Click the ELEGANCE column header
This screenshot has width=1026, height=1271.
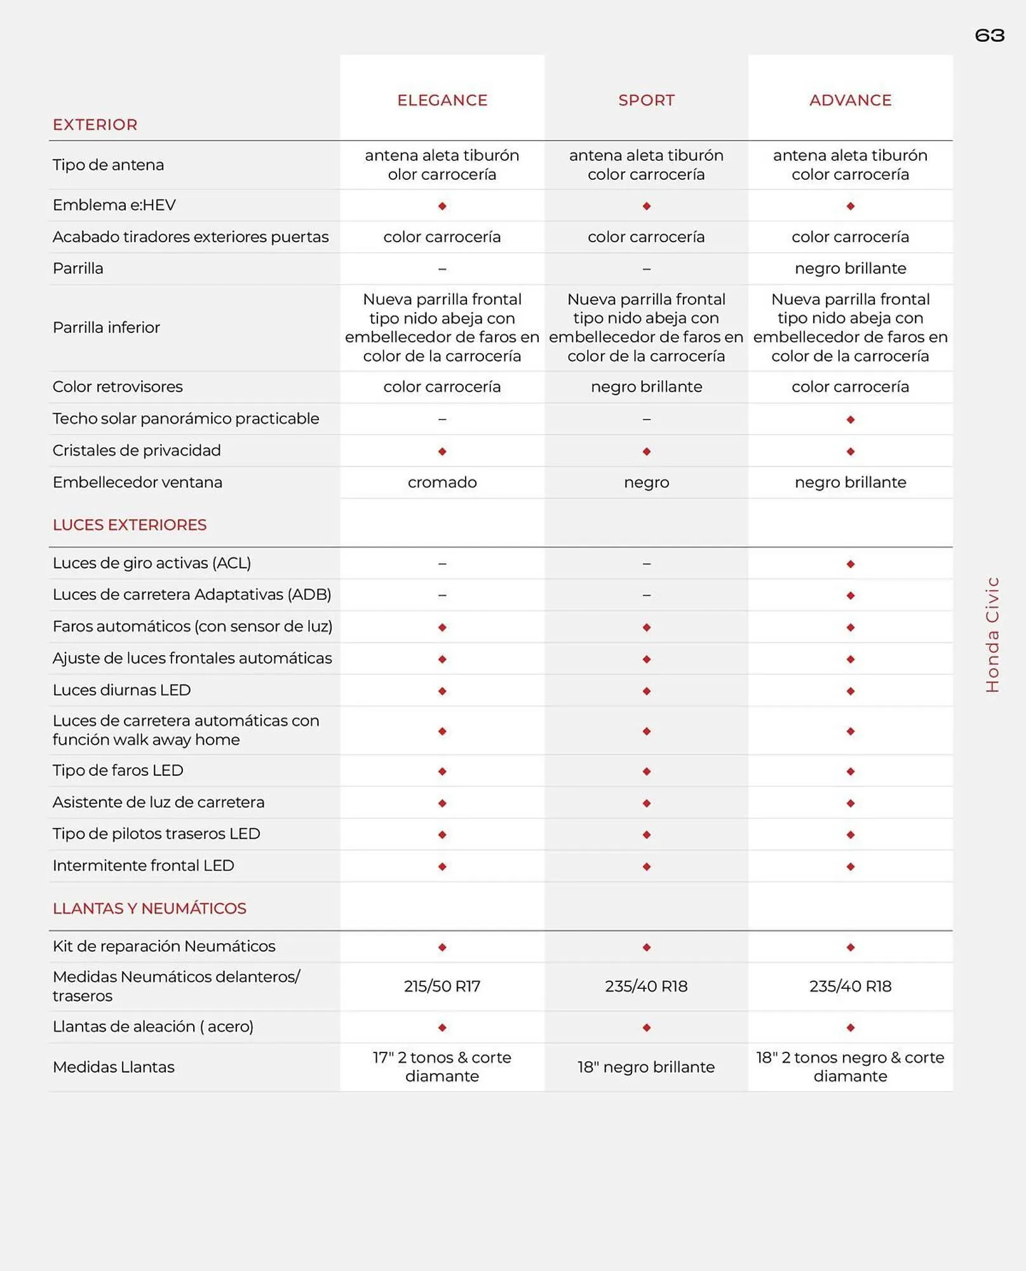coord(442,100)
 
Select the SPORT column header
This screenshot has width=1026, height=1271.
coord(646,100)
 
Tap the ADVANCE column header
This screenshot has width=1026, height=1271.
coord(850,100)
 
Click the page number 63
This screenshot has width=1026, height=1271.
coord(989,36)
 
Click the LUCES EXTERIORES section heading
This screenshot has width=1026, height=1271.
coord(130,525)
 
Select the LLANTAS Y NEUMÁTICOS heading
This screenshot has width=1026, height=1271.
coord(149,908)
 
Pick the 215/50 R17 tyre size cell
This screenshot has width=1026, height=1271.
coord(442,986)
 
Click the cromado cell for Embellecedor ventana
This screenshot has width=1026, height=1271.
coord(442,482)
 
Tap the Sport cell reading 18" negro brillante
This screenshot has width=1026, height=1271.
coord(646,1067)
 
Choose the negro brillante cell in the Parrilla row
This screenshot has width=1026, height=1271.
coord(850,268)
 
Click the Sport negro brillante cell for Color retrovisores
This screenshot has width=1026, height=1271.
coord(646,387)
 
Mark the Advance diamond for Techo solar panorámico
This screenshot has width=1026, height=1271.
coord(851,419)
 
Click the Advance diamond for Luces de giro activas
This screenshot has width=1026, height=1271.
coord(851,564)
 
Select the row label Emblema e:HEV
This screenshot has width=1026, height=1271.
coord(114,205)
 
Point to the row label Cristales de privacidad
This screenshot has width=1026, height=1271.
coord(137,451)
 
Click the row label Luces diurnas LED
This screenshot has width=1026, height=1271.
coord(121,690)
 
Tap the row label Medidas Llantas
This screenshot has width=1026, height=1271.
coord(114,1067)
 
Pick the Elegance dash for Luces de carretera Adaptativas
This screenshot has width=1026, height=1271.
coord(442,595)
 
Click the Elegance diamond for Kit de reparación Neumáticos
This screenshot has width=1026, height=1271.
coord(442,947)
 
